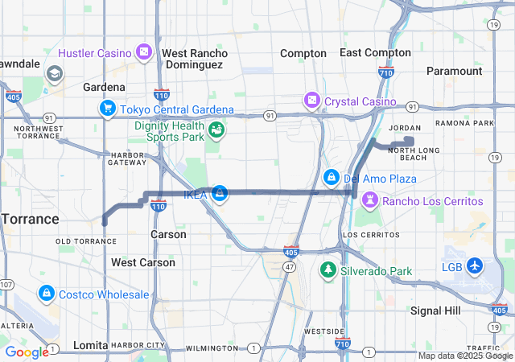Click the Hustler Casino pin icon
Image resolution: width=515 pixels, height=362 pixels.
[x=143, y=52]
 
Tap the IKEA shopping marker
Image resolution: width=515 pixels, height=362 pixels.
[x=219, y=193]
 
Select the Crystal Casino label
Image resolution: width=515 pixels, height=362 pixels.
[x=360, y=101]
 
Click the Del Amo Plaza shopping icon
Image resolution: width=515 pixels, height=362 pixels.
[x=331, y=177]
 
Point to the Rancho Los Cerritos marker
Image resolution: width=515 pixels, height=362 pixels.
[x=369, y=200]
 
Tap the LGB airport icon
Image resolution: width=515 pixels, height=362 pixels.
[x=474, y=265]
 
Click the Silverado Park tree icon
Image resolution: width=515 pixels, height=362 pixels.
[x=328, y=270]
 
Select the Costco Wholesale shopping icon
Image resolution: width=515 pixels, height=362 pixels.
[x=47, y=294]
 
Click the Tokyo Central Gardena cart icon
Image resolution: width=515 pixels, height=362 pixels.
[x=107, y=109]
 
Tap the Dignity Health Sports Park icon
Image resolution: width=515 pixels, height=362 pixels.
[x=216, y=130]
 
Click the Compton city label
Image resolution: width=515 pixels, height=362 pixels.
[x=303, y=53]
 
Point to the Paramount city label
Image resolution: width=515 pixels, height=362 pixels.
[x=454, y=71]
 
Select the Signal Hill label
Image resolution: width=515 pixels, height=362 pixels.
[x=435, y=311]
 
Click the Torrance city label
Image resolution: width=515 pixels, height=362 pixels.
[x=29, y=219]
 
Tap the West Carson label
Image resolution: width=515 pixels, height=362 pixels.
[x=143, y=262]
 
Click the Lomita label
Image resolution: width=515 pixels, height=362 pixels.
[x=89, y=345]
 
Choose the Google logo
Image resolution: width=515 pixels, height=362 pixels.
[x=27, y=352]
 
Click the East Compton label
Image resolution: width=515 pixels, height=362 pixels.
[x=376, y=52]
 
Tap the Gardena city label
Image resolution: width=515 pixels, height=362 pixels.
[x=105, y=87]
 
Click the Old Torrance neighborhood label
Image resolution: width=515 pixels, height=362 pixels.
[x=86, y=241]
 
